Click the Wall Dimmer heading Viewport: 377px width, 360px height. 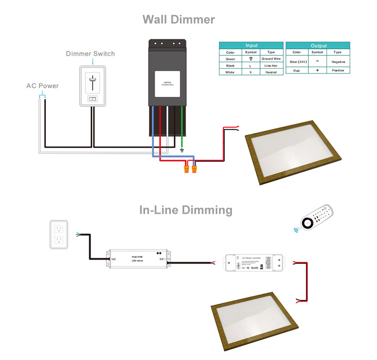(178, 20)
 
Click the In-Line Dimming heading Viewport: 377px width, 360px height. (186, 210)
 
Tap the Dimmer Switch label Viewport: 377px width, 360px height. (90, 53)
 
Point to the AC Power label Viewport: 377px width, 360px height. (42, 86)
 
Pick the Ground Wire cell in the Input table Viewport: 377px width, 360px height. (271, 59)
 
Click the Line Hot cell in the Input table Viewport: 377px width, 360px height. (271, 65)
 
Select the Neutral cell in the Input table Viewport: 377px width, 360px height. (271, 72)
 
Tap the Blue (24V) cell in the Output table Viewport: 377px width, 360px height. (296, 62)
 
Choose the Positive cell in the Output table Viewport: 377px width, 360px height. (338, 70)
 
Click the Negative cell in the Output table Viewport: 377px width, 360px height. (338, 62)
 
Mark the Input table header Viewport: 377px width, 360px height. (251, 45)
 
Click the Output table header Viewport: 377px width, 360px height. (318, 45)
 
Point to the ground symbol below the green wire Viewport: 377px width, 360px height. (182, 150)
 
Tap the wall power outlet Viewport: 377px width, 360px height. (59, 234)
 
